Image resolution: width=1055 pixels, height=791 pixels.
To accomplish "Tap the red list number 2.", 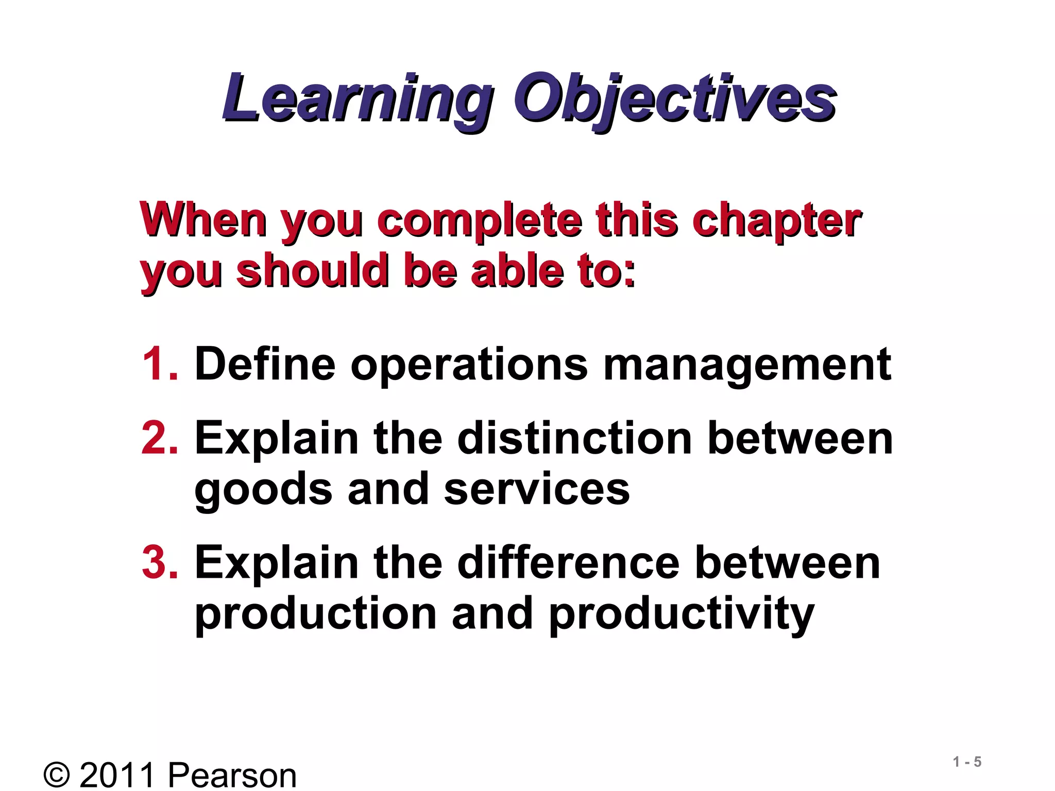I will (x=160, y=438).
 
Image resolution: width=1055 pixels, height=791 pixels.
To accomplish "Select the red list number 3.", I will (x=160, y=563).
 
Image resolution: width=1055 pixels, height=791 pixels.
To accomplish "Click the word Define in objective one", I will (x=265, y=364).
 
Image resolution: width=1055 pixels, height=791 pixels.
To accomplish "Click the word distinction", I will (x=574, y=438).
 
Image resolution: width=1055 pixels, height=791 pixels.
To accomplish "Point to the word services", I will (x=536, y=489).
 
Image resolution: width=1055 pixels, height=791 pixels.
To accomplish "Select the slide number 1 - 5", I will (x=967, y=762).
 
